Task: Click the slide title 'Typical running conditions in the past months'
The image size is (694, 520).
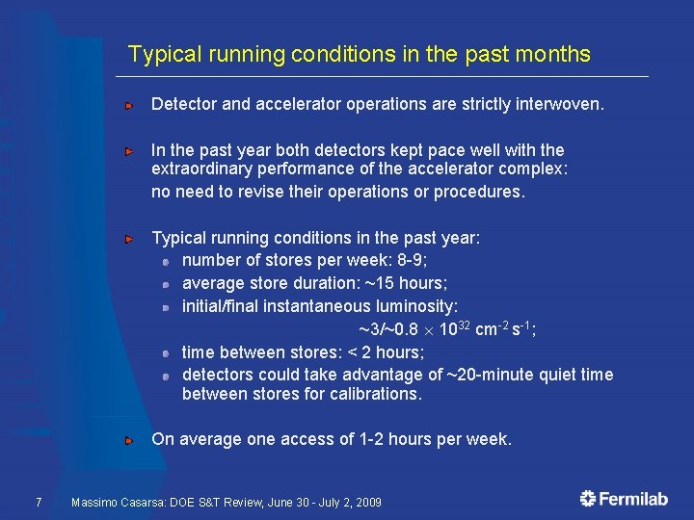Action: pyautogui.click(x=359, y=54)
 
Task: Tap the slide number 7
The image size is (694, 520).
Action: pyautogui.click(x=37, y=502)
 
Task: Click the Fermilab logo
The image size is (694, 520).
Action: pyautogui.click(x=624, y=498)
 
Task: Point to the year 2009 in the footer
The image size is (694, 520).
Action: pyautogui.click(x=367, y=503)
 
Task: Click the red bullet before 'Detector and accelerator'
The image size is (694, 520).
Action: pyautogui.click(x=129, y=104)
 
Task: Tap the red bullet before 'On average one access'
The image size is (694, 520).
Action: pyautogui.click(x=129, y=440)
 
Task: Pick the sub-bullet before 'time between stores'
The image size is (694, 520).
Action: pyautogui.click(x=166, y=353)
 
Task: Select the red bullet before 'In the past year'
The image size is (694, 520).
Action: pyautogui.click(x=129, y=151)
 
